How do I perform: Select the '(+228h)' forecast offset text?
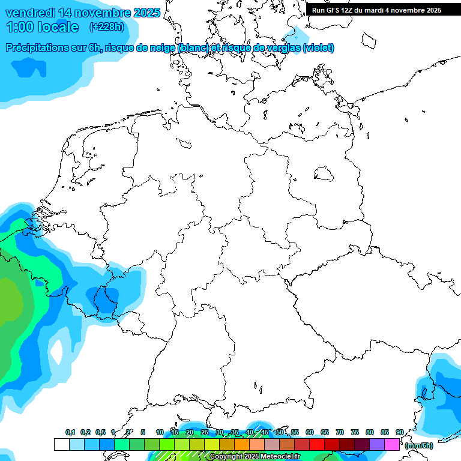pyautogui.click(x=106, y=27)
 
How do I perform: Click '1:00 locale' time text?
pyautogui.click(x=42, y=27)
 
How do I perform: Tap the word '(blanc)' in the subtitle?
pyautogui.click(x=191, y=48)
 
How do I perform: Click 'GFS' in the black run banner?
pyautogui.click(x=336, y=10)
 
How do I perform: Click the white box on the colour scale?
pyautogui.click(x=61, y=444)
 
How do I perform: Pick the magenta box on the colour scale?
pyautogui.click(x=392, y=444)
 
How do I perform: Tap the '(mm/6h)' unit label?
pyautogui.click(x=418, y=445)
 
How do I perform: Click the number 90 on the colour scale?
pyautogui.click(x=399, y=432)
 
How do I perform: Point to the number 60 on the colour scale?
pyautogui.click(x=309, y=432)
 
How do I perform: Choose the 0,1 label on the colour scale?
pyautogui.click(x=70, y=432)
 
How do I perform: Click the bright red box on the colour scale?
pyautogui.click(x=317, y=444)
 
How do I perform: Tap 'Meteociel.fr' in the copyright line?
pyautogui.click(x=279, y=456)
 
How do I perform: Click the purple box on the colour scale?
pyautogui.click(x=377, y=444)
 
